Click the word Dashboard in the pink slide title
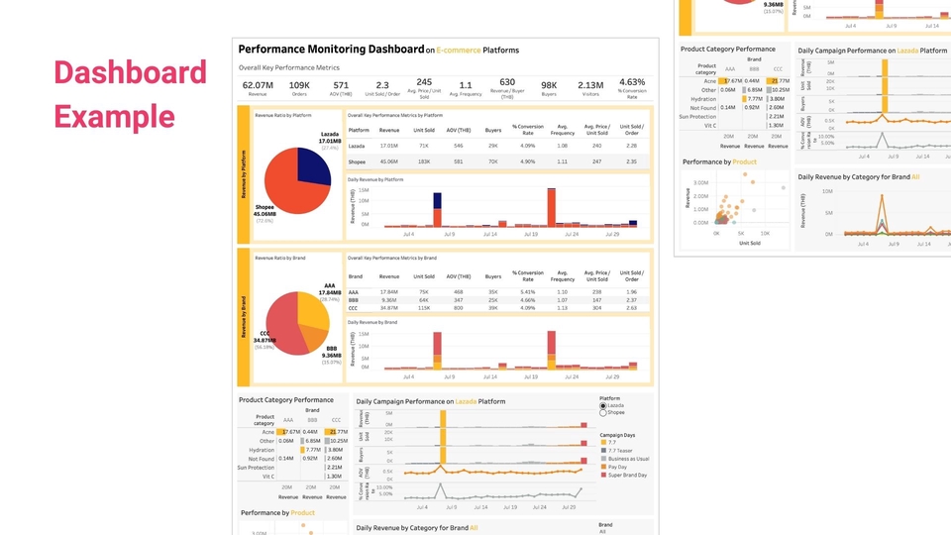[x=130, y=73]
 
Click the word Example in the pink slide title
[x=114, y=115]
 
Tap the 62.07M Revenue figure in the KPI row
[x=258, y=85]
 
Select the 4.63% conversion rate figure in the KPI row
[x=632, y=83]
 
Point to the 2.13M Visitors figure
[x=590, y=85]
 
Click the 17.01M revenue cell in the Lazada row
[x=389, y=146]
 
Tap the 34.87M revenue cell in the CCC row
[x=389, y=308]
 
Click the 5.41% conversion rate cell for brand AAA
[x=527, y=292]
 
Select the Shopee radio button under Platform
[x=603, y=413]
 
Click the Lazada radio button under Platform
[x=603, y=405]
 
